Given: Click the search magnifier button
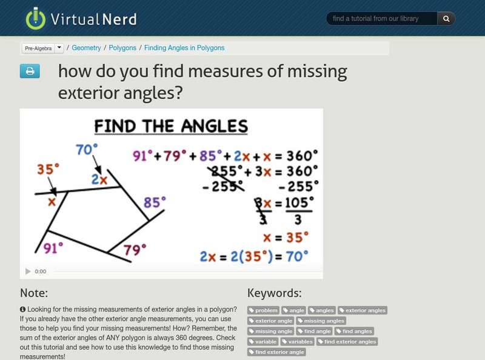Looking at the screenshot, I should coord(446,19).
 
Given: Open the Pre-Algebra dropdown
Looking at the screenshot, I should coord(42,48).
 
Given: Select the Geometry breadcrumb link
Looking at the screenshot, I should coord(86,48).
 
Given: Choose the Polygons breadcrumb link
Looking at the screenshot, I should coord(122,48).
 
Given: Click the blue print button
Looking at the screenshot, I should coord(30,72).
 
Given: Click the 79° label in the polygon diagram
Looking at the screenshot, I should coord(135,250).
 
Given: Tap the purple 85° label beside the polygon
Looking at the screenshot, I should coord(155,202).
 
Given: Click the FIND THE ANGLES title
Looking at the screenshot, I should coord(171,127).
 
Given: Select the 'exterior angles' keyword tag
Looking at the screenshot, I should coord(362,310).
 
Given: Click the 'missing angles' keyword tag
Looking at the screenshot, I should coord(321,321).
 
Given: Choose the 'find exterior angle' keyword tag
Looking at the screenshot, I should coord(276,352).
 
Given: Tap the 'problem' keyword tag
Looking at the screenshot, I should coord(263,310).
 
